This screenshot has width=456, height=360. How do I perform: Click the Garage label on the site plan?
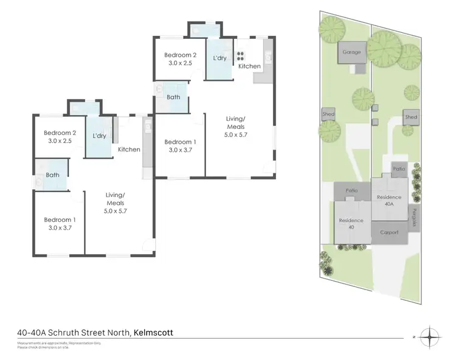click(351, 52)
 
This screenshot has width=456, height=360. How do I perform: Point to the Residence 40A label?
click(389, 201)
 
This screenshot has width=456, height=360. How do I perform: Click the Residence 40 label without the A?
click(351, 223)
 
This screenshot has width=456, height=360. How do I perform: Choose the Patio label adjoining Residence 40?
click(351, 191)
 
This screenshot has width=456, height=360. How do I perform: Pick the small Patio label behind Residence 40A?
click(399, 168)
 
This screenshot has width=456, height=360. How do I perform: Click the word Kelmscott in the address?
click(154, 333)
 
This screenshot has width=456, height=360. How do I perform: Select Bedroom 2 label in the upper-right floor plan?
click(180, 55)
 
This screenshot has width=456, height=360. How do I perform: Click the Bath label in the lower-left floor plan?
click(54, 175)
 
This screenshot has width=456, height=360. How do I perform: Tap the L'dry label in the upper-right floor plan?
click(219, 58)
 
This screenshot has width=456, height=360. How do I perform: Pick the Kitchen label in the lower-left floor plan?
click(129, 150)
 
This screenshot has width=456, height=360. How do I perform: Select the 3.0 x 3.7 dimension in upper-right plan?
click(179, 150)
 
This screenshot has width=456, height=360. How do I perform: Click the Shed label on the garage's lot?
click(328, 114)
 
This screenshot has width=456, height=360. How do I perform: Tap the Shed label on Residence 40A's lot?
click(411, 117)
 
